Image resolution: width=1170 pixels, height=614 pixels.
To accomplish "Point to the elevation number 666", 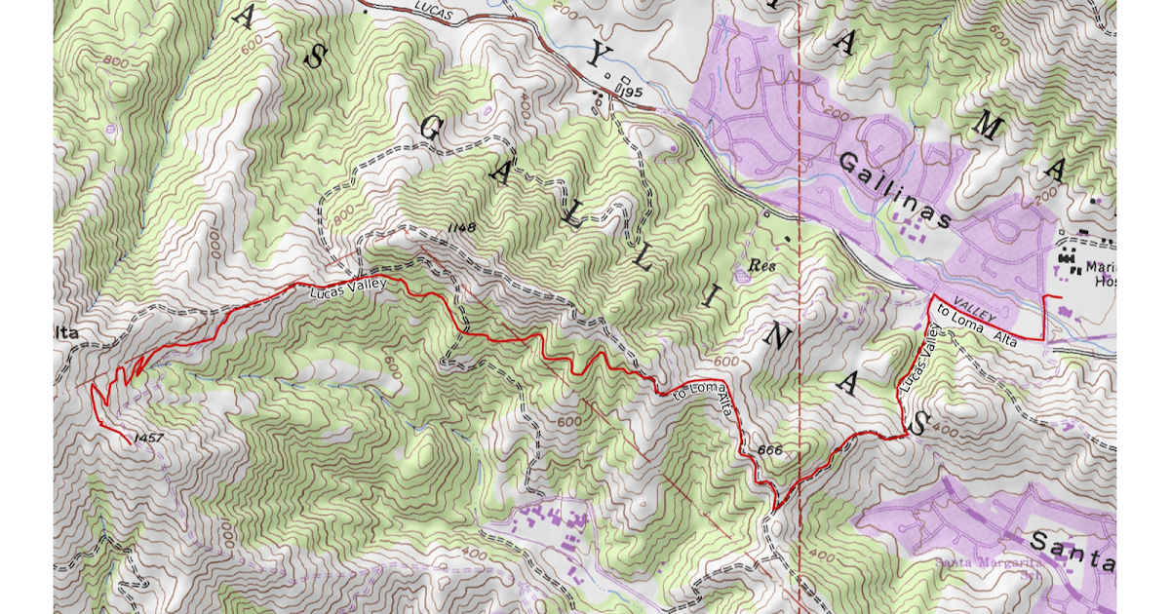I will pyautogui.click(x=769, y=450).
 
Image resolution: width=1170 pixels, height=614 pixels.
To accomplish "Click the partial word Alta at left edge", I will pyautogui.click(x=65, y=334).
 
